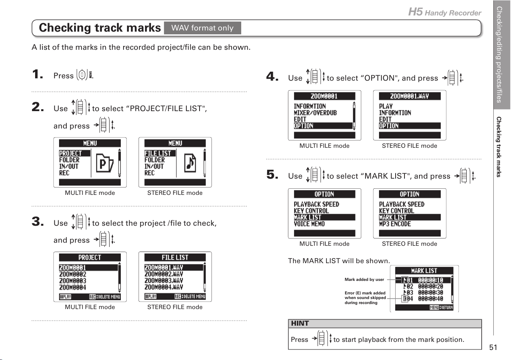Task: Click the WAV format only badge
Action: pyautogui.click(x=202, y=28)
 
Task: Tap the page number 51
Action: pyautogui.click(x=493, y=347)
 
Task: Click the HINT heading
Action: pyautogui.click(x=300, y=323)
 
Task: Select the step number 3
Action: pyautogui.click(x=38, y=221)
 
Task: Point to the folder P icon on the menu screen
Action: pyautogui.click(x=105, y=163)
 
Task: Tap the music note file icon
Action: pyautogui.click(x=190, y=163)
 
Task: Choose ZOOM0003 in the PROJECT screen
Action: pyautogui.click(x=73, y=281)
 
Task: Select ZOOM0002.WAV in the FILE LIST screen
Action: pyautogui.click(x=164, y=274)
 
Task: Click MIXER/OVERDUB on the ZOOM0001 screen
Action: pyautogui.click(x=315, y=113)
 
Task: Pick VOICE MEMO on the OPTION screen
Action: pyautogui.click(x=309, y=224)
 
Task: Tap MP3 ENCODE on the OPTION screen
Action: pyautogui.click(x=395, y=224)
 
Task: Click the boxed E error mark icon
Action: pyautogui.click(x=404, y=299)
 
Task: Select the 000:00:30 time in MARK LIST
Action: pyautogui.click(x=430, y=292)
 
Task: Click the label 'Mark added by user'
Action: pyautogui.click(x=364, y=279)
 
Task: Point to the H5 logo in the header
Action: pyautogui.click(x=415, y=12)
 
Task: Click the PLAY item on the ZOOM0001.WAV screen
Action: pyautogui.click(x=386, y=106)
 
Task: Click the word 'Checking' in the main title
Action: pyautogui.click(x=65, y=28)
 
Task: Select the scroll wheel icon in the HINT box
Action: pyautogui.click(x=321, y=338)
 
